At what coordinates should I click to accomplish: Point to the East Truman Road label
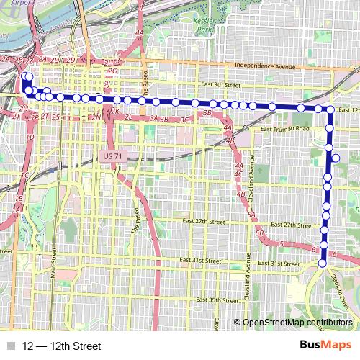tap(285, 129)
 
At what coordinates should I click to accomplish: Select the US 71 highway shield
tap(112, 156)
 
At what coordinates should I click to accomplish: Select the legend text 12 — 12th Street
tap(62, 346)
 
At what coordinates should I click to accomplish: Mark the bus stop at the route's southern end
tap(322, 264)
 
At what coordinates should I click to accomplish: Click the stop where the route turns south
tap(330, 110)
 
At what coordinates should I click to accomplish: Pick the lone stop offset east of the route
tap(336, 158)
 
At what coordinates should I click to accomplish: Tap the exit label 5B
tap(258, 233)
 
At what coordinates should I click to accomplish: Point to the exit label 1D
tap(30, 136)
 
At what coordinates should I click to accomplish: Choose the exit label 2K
tap(114, 112)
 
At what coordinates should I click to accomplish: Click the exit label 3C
tap(184, 120)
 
